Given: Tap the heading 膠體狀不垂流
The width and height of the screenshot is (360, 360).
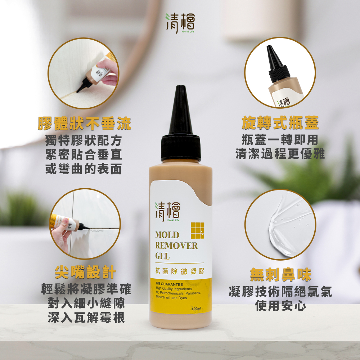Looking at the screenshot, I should click(85, 123).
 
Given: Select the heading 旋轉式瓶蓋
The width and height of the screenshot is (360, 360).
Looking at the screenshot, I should click(280, 123).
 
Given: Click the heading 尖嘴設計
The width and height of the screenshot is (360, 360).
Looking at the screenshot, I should click(85, 273).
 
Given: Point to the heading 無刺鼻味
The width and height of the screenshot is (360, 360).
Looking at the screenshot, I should click(280, 275).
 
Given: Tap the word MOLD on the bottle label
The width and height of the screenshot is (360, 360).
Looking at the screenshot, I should click(167, 235).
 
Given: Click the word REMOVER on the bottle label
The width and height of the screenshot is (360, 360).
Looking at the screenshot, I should click(176, 246).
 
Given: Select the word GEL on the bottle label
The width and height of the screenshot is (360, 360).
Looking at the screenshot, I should click(162, 257).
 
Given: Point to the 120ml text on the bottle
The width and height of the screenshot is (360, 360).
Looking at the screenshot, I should click(196, 309).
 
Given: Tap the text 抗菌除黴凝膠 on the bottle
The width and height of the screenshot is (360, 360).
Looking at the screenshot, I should click(180, 271).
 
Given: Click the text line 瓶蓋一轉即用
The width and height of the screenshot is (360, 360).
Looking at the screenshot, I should click(280, 140).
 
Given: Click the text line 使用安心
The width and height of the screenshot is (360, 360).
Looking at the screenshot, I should click(280, 306).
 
